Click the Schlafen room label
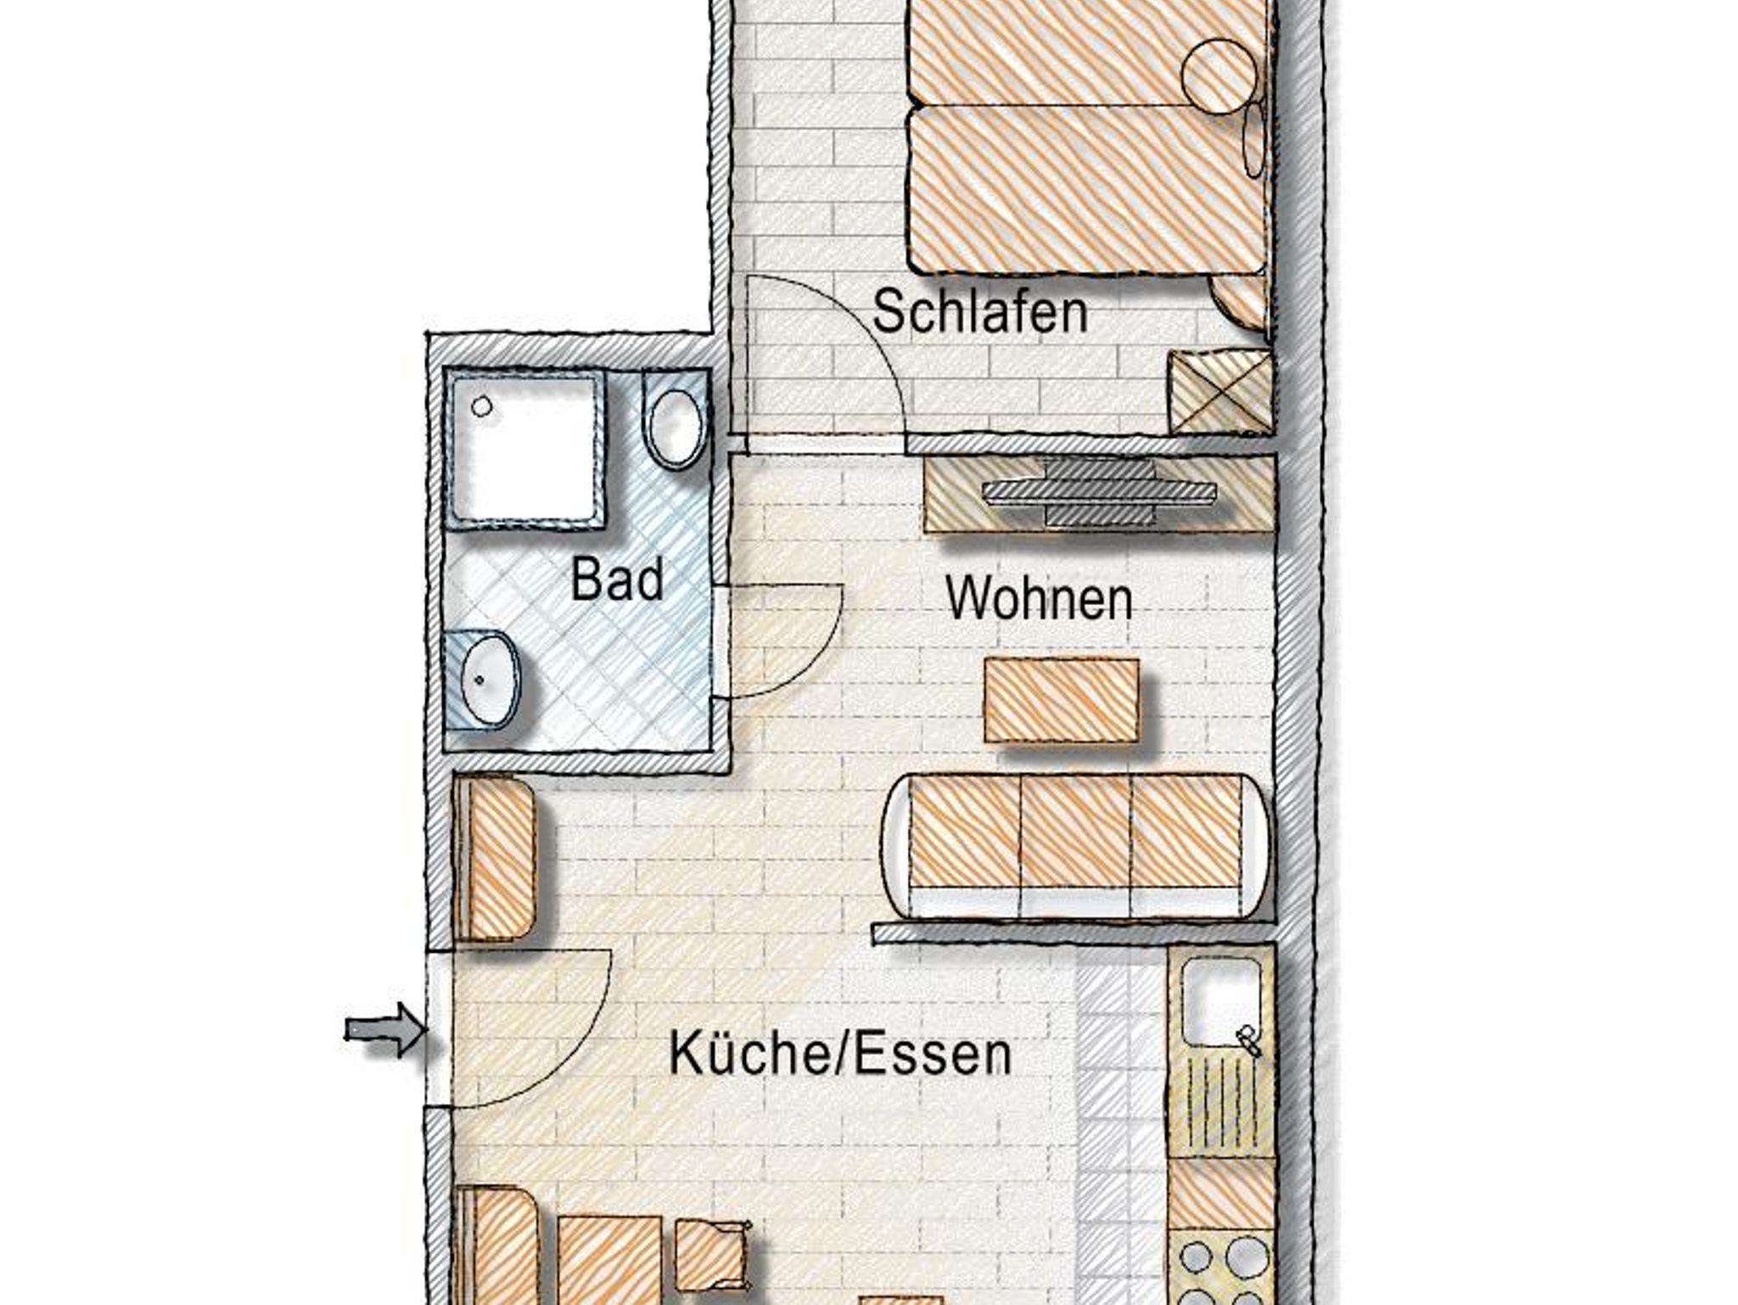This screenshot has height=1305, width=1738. coord(979,312)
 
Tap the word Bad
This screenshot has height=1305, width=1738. coord(617,580)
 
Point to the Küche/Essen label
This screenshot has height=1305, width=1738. coord(840,1054)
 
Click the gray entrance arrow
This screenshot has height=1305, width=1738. coord(384,1030)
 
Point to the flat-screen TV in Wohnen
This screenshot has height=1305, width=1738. coord(1100,491)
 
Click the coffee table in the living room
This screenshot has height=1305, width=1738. coord(1062,701)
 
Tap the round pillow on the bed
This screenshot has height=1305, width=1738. coord(1219,75)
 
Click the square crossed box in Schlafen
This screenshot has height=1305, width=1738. coord(1220,393)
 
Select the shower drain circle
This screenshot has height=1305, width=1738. coord(482,406)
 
